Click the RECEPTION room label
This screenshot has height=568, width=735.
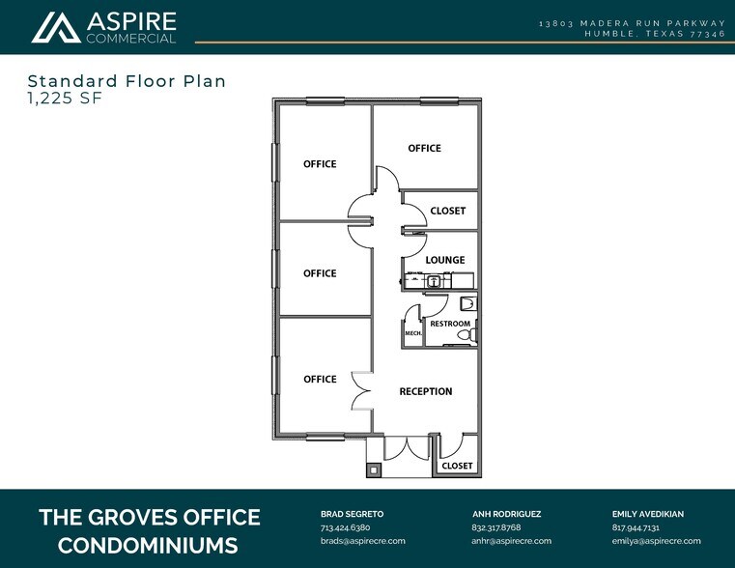pos(426,391)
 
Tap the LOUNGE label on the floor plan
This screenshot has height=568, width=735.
pos(445,260)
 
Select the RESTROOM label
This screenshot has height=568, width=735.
pos(450,324)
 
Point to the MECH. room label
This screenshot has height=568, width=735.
pos(412,333)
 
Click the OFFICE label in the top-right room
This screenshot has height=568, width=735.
pos(424,148)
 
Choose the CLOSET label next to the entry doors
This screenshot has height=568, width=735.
pos(457,466)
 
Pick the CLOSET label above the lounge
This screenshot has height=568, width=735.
pos(447,211)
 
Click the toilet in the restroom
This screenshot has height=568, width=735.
pos(466,335)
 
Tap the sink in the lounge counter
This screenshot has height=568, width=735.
pos(435,281)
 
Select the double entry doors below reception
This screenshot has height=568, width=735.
pos(410,447)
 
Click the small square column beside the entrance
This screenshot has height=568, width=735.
pos(374,470)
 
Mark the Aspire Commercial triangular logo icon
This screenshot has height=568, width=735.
pos(55,28)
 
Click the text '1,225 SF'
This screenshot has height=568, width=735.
pos(63,99)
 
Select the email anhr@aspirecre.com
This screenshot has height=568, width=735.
pos(511,541)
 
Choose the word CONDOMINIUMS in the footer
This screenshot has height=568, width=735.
pos(148,545)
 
